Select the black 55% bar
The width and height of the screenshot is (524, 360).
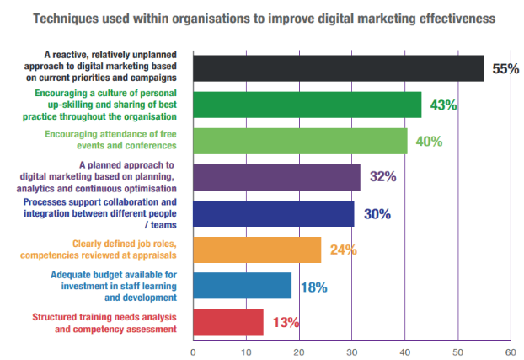(x=338, y=68)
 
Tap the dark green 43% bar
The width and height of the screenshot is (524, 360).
(x=307, y=105)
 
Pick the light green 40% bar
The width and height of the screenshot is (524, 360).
(x=300, y=141)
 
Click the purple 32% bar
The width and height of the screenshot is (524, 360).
(x=276, y=177)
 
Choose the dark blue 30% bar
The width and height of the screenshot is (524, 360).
(x=274, y=213)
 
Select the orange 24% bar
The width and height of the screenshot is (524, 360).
(x=257, y=250)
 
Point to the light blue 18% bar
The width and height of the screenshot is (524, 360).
(x=242, y=286)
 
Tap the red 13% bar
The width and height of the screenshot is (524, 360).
(x=228, y=321)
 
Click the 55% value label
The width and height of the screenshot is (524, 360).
(x=505, y=69)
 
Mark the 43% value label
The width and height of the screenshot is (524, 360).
(x=442, y=105)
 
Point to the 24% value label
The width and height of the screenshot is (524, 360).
(x=343, y=250)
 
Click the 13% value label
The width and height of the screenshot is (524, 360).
(x=285, y=322)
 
